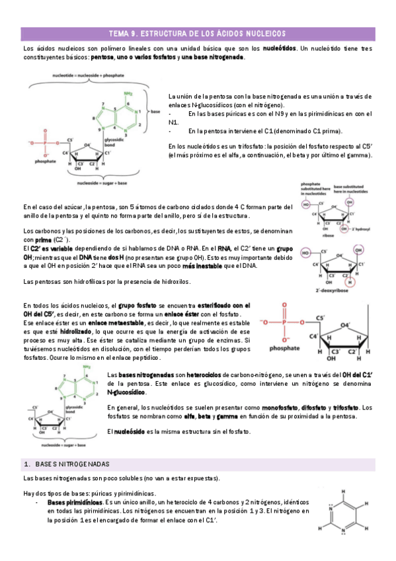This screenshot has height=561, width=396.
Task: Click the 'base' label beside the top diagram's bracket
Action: tap(157, 113)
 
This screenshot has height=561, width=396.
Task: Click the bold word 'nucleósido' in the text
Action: tap(132, 432)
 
